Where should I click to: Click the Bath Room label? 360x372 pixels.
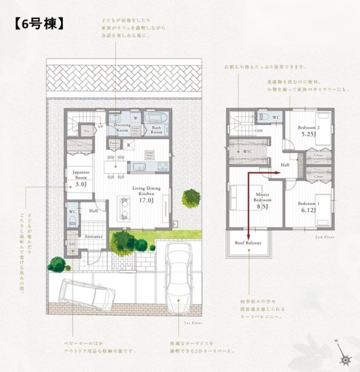point(156,129)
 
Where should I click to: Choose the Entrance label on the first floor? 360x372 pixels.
point(93,237)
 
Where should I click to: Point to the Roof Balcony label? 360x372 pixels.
point(248,242)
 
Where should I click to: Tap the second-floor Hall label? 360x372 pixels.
point(285,165)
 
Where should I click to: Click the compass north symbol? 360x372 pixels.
point(341,352)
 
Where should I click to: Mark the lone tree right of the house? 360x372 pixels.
point(191,198)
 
